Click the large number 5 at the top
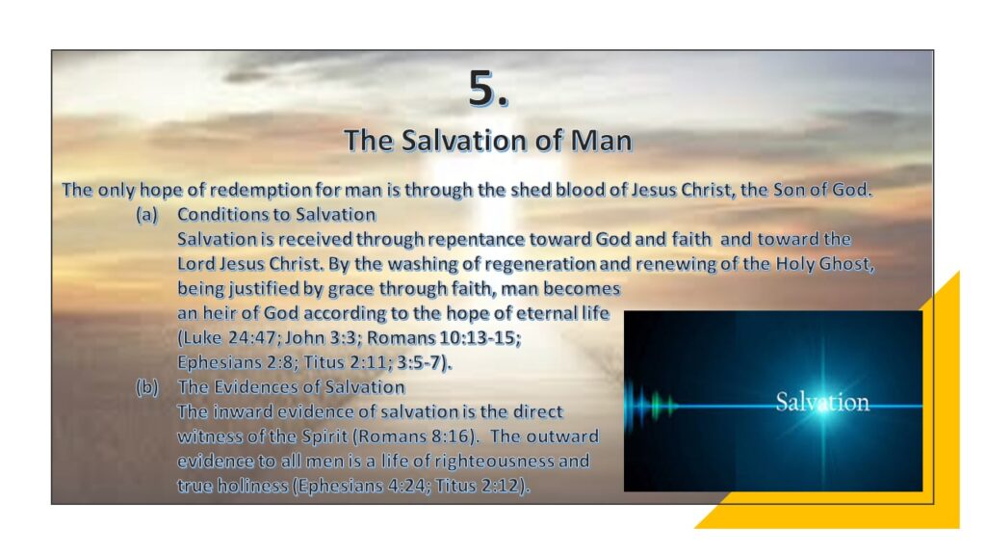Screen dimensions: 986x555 point(482,88)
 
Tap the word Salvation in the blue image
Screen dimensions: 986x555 point(822,402)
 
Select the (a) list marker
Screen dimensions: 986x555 point(146,215)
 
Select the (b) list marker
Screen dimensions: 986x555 point(147,387)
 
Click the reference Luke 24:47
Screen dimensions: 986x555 point(229,338)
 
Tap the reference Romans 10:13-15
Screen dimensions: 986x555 point(441,338)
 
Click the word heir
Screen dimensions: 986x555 point(217,313)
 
